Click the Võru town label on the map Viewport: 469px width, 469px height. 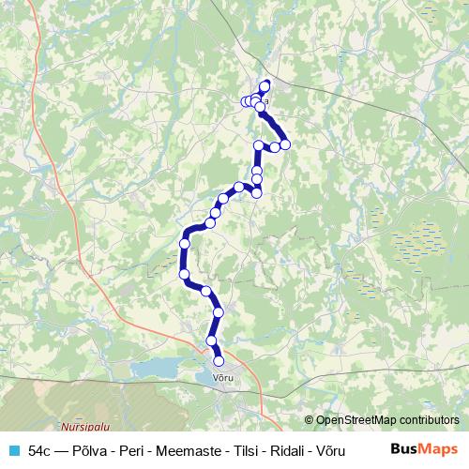click(x=222, y=377)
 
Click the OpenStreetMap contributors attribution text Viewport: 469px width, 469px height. click(x=386, y=420)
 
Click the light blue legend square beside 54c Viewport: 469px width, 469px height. click(x=13, y=451)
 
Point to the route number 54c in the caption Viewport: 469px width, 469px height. click(x=38, y=451)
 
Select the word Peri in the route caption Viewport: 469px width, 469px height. click(x=122, y=451)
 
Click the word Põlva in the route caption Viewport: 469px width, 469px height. click(x=86, y=451)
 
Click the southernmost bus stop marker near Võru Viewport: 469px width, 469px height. click(x=219, y=361)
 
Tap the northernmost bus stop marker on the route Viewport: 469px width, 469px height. click(x=265, y=85)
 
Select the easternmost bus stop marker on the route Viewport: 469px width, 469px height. click(x=285, y=144)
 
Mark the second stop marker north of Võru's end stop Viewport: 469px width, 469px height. click(x=219, y=312)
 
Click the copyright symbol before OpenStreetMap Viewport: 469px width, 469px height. click(x=310, y=420)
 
